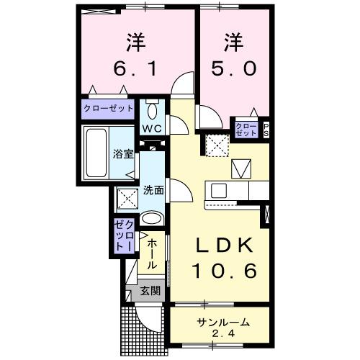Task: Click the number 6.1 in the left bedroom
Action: tap(136, 70)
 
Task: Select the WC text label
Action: tap(152, 129)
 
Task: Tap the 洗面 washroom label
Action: tap(153, 191)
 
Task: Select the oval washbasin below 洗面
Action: tap(152, 219)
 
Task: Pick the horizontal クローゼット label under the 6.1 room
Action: tap(109, 108)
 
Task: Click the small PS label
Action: tap(266, 130)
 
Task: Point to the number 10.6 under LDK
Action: tap(225, 272)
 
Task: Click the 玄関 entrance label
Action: tap(150, 292)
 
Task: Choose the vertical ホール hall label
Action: tap(152, 256)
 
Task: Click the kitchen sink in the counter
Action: tap(219, 191)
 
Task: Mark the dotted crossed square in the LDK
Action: tap(215, 147)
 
